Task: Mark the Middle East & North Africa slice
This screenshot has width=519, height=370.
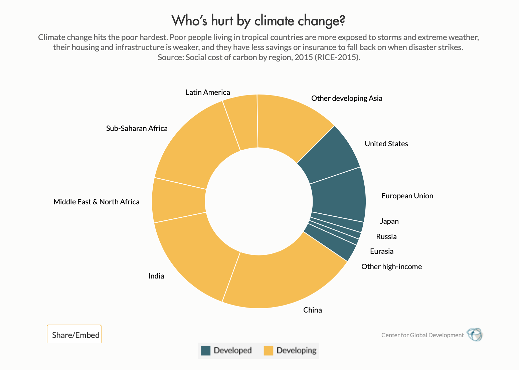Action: tap(179, 200)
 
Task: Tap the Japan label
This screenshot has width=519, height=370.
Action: tap(389, 221)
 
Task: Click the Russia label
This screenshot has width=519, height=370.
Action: tap(386, 237)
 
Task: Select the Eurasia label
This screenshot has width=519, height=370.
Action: tap(381, 251)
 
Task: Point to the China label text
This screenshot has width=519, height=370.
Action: tap(312, 310)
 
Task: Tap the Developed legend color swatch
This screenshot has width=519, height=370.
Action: tap(206, 351)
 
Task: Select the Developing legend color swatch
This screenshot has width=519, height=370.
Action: tap(268, 351)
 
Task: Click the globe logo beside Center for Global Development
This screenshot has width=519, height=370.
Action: tap(474, 334)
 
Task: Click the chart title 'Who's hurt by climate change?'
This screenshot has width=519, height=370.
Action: tap(258, 21)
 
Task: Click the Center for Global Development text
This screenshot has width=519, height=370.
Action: tap(422, 335)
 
